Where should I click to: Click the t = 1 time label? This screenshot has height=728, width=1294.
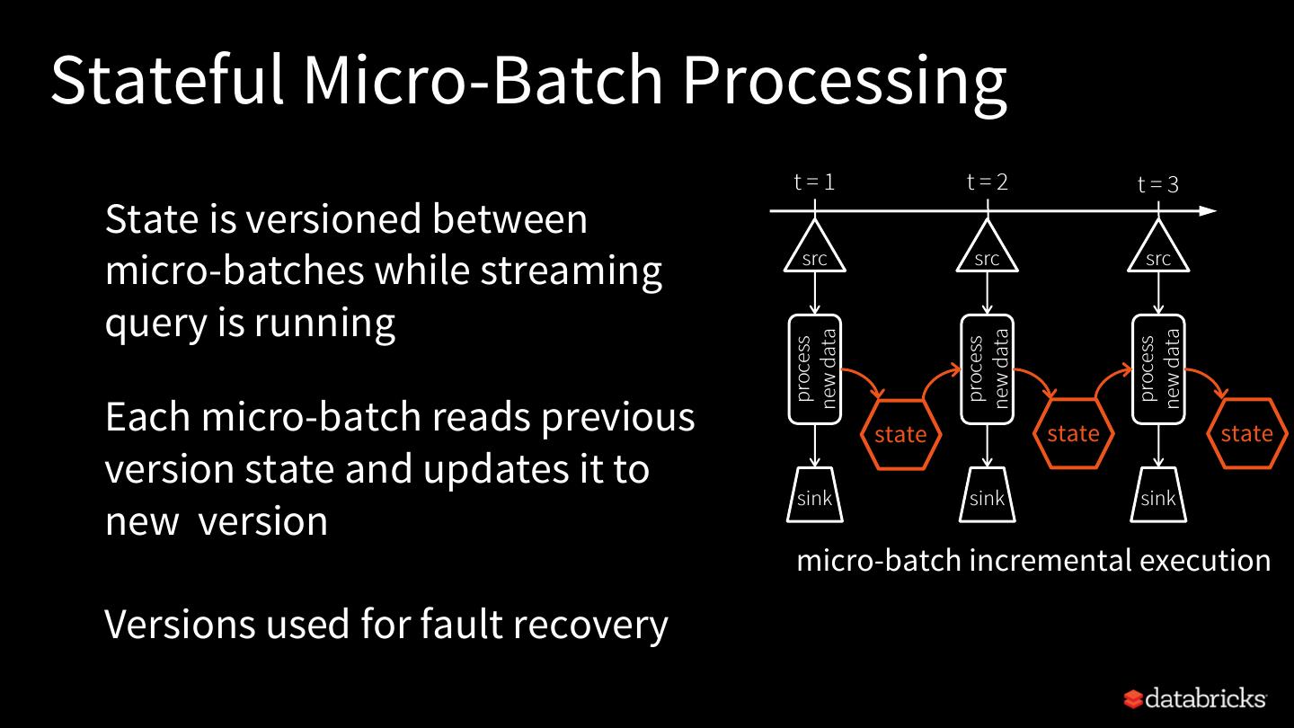(x=814, y=182)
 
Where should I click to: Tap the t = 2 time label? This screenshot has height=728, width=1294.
(x=988, y=182)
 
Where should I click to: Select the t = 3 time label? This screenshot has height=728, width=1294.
(x=1157, y=184)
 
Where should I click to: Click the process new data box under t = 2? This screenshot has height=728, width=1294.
(x=988, y=369)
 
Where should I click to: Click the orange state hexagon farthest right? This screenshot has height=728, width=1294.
(x=1246, y=433)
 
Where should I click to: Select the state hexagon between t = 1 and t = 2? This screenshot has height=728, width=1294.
(x=900, y=434)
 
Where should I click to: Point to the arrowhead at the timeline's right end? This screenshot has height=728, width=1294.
(x=1210, y=211)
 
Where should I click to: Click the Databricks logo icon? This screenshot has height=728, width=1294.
(x=1133, y=699)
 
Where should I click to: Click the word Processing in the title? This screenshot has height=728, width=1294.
(x=845, y=84)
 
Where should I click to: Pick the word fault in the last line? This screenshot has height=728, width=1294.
(x=456, y=624)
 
